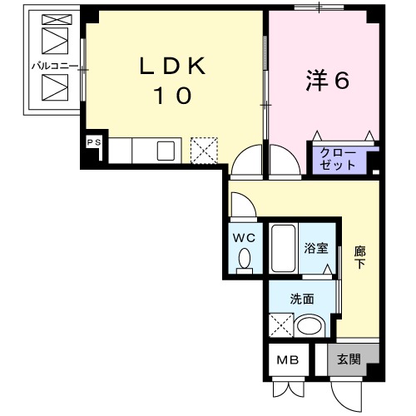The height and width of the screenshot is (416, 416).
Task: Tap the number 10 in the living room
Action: click(172, 96)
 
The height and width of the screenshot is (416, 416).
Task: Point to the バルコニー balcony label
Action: click(54, 63)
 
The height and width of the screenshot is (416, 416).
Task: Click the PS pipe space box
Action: click(93, 142)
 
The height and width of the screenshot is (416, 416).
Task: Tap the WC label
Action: click(245, 238)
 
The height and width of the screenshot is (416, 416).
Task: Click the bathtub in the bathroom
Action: click(283, 247)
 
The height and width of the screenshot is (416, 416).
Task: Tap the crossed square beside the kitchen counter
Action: click(203, 150)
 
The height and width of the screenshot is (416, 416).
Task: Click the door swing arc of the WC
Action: click(241, 204)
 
